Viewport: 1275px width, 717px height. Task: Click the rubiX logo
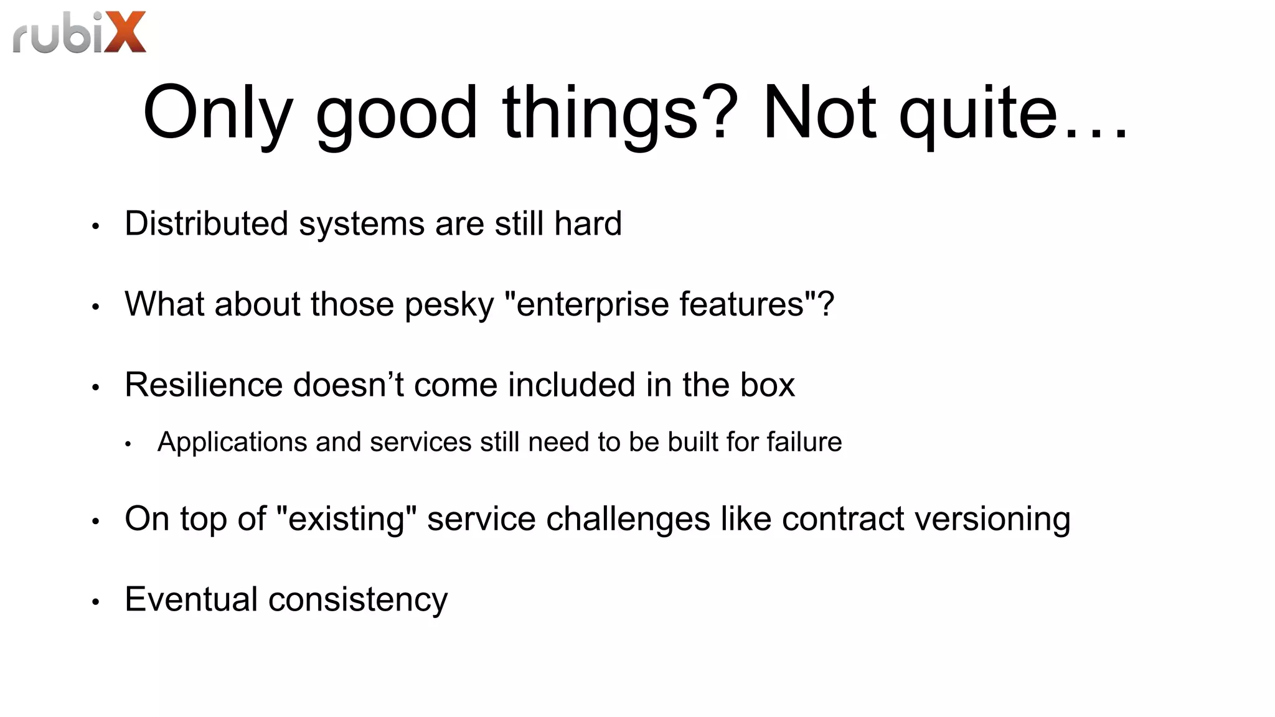[x=79, y=32]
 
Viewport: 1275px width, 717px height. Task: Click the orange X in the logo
[x=125, y=32]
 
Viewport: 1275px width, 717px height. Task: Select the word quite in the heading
[x=978, y=113]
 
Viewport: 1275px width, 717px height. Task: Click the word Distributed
[x=206, y=223]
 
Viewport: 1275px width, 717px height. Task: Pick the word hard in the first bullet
[x=588, y=223]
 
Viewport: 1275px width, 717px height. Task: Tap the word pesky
[x=449, y=305]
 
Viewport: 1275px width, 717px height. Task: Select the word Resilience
[x=203, y=385]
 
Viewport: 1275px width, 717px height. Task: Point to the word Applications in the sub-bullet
[x=232, y=442]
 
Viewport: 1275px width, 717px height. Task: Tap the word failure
[x=804, y=442]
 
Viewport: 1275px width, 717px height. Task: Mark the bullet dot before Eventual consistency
[x=95, y=602]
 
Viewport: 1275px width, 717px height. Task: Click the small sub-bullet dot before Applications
[x=128, y=444]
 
